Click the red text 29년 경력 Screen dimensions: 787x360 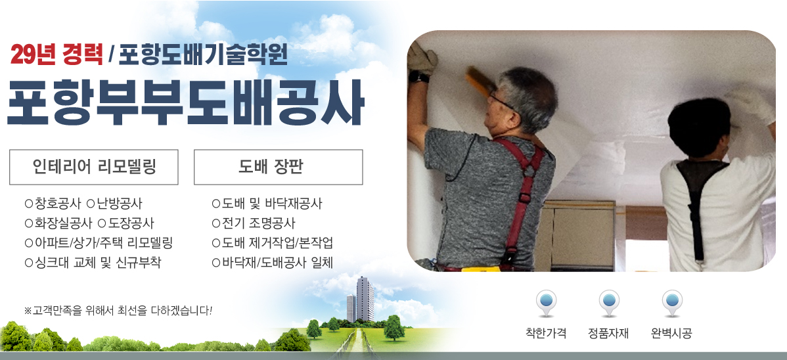[x=56, y=55]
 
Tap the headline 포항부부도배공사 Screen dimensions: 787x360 [x=185, y=104]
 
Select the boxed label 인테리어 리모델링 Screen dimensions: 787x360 [x=94, y=167]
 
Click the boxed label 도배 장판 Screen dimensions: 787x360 [x=278, y=167]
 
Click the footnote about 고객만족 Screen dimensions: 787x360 [x=118, y=310]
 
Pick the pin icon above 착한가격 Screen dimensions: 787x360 [x=546, y=304]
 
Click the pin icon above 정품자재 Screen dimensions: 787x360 [x=609, y=304]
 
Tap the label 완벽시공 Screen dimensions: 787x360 [x=671, y=333]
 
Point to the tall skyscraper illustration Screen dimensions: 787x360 [x=365, y=300]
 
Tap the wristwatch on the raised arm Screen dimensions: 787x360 [x=418, y=77]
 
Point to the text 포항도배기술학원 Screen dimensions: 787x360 [x=203, y=55]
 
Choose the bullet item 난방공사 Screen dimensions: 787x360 [x=114, y=204]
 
